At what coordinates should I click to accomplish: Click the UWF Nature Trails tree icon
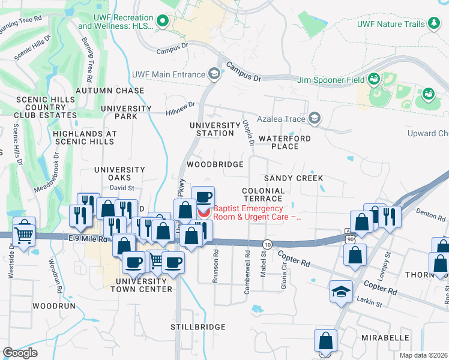433,23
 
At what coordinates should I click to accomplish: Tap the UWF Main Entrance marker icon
213,74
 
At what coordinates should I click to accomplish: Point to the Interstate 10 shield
267,244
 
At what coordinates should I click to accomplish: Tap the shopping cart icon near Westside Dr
23,232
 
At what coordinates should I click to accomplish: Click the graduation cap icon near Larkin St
341,292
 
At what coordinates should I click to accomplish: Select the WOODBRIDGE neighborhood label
215,164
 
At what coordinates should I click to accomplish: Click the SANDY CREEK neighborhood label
294,178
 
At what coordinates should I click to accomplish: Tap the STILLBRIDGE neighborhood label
198,327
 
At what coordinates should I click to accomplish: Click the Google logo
20,352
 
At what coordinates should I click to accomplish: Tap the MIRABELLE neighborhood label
385,338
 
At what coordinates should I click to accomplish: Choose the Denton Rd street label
427,212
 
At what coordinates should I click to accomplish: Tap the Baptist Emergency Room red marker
204,212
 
